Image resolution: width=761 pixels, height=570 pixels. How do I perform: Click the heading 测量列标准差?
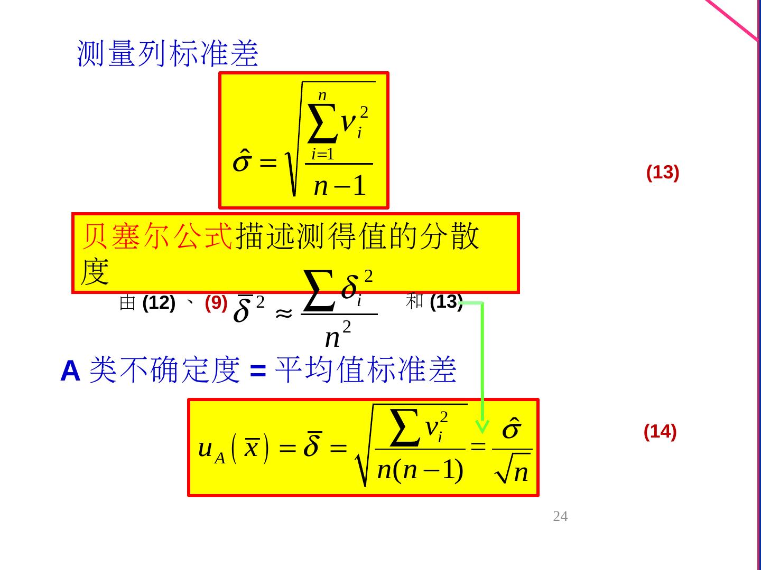click(x=168, y=53)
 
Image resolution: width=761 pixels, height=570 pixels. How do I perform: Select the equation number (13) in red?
click(x=662, y=173)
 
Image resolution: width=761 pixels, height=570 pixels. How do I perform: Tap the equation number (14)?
click(x=660, y=432)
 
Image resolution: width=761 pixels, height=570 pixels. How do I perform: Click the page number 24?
click(x=560, y=516)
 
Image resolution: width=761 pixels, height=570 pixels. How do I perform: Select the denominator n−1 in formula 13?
click(x=339, y=186)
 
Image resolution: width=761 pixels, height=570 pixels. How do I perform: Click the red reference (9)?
click(x=216, y=303)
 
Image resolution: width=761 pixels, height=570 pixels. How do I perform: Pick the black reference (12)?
click(x=159, y=303)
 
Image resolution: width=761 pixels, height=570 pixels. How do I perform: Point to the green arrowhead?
click(x=482, y=426)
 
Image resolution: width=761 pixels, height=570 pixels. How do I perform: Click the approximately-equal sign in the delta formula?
click(x=284, y=313)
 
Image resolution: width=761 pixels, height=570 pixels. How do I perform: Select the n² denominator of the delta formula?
click(x=337, y=336)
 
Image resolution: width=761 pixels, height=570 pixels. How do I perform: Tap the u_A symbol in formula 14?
click(x=211, y=450)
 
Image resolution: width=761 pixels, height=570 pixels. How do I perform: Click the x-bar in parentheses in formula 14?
click(x=252, y=449)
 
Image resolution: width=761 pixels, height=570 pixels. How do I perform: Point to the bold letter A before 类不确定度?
click(x=70, y=371)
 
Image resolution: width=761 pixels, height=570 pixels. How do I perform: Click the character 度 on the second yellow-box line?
click(x=95, y=273)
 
